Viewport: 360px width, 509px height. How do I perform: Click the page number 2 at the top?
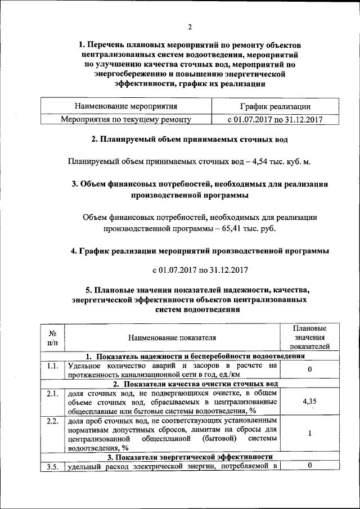coord(190,27)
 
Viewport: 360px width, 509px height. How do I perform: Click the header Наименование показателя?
coord(172,337)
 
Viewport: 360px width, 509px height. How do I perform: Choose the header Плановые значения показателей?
coord(309,337)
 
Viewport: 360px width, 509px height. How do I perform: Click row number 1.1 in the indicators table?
coord(52,366)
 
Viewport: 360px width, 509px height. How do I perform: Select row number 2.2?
coord(52,421)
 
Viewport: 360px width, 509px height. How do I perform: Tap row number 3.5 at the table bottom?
coord(52,466)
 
